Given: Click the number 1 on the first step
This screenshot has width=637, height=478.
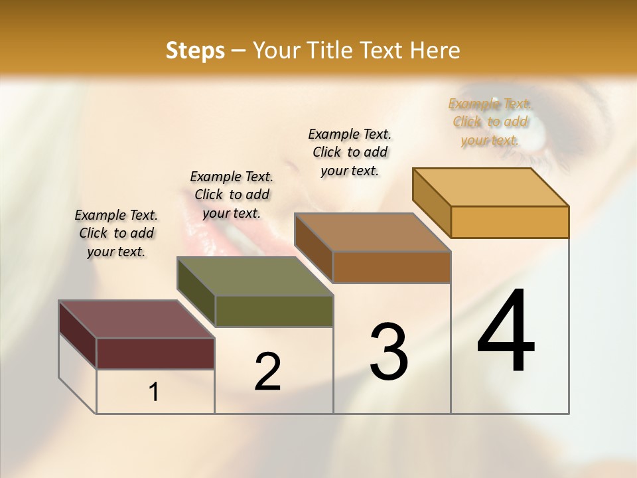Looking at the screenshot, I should (154, 392).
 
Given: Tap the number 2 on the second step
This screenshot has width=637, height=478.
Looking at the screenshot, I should (267, 372).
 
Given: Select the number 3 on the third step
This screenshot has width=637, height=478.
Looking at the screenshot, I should (388, 352).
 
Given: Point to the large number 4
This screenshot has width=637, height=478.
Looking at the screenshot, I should (506, 331).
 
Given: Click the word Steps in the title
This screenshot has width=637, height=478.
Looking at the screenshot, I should (195, 50).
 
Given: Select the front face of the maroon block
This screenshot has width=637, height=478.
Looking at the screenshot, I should (155, 353).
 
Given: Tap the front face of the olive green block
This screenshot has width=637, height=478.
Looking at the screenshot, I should (274, 311).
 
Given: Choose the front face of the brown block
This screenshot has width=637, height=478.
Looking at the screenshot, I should (391, 267).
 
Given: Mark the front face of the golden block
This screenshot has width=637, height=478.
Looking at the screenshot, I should (510, 222).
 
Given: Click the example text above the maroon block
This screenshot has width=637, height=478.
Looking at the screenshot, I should (116, 233).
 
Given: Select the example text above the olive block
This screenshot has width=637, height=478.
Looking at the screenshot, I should (232, 195).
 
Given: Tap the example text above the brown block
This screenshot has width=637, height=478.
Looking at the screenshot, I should (350, 152).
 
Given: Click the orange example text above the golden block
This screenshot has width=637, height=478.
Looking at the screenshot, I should (490, 121).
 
